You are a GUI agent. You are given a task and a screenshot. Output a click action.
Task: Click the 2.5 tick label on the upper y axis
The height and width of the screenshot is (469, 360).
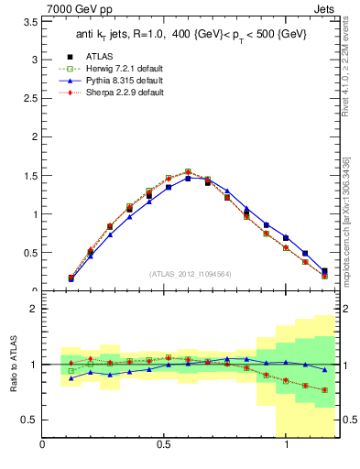click(29, 98)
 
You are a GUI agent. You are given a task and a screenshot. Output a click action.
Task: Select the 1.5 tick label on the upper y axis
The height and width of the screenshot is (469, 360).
click(29, 176)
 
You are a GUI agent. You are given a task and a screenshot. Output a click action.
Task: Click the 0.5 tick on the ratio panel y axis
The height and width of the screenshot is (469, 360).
click(29, 420)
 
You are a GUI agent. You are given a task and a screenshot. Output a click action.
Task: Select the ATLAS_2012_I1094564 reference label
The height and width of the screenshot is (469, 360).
click(189, 274)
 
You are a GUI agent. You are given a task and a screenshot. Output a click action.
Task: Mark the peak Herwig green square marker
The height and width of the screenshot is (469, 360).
click(188, 171)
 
